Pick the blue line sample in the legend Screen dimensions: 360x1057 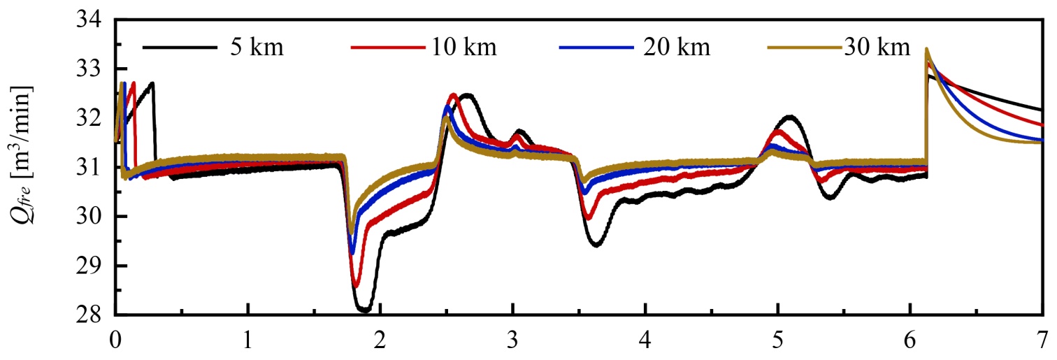595,48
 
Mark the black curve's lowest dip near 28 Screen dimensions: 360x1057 364,310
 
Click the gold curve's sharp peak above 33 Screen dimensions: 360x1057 926,50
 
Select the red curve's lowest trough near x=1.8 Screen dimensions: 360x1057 356,285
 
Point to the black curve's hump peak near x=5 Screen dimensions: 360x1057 790,117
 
